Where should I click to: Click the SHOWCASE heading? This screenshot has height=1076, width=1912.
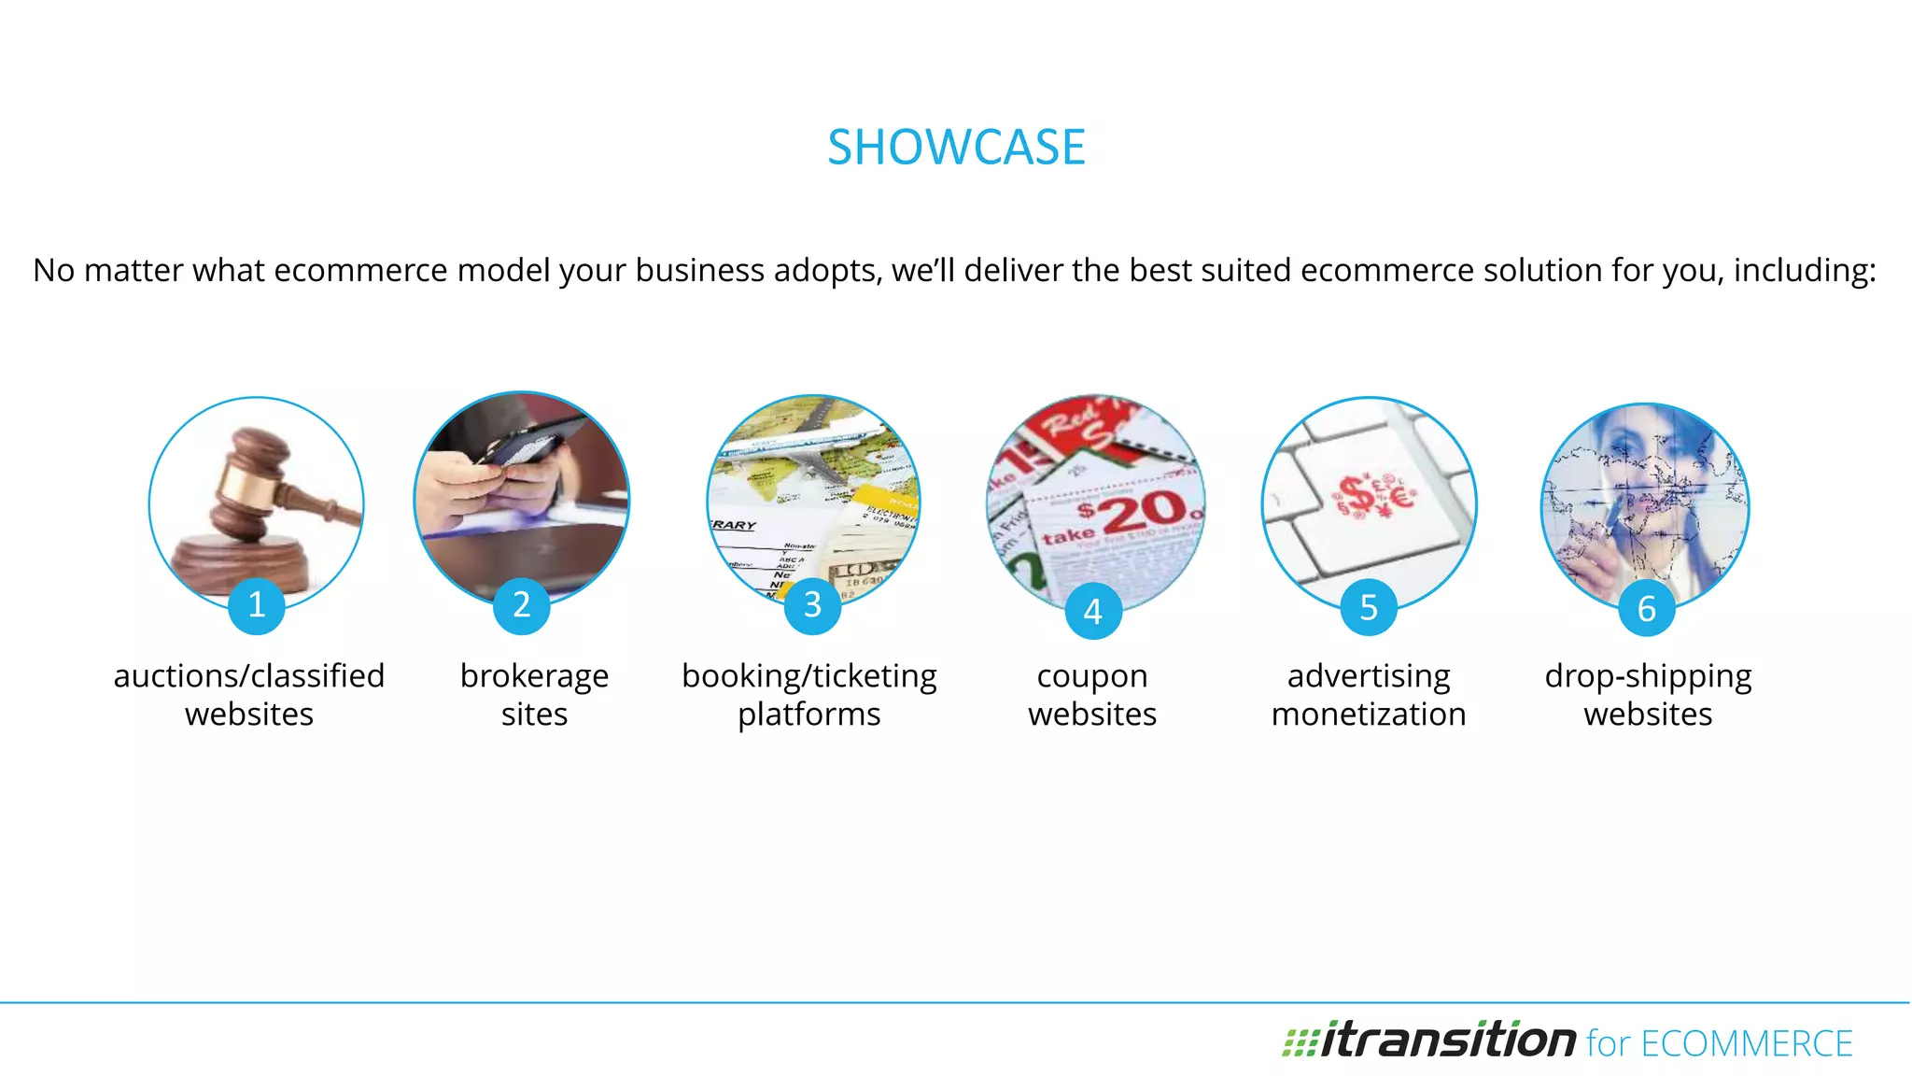point(956,148)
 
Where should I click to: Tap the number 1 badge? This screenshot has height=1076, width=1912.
point(257,605)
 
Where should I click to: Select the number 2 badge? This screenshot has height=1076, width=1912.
point(522,605)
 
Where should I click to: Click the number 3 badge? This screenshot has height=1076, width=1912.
point(812,605)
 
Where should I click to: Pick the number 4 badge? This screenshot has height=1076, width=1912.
point(1093,611)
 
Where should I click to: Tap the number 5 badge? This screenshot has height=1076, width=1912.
point(1369,608)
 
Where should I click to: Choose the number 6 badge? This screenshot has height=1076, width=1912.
point(1647,608)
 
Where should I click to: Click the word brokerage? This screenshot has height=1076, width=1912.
point(534,675)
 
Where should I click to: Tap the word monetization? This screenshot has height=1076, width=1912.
point(1369,715)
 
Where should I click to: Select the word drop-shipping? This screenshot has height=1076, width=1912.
point(1648,675)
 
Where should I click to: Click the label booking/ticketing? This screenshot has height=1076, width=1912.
point(809,675)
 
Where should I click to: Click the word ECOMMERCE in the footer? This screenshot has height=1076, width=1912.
point(1746,1044)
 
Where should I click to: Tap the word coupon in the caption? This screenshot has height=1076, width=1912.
point(1092,675)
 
